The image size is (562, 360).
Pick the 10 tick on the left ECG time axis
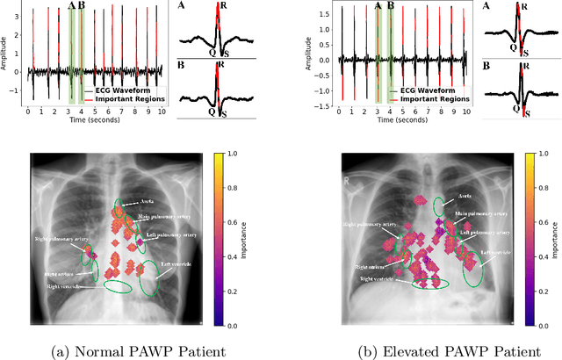pos(162,112)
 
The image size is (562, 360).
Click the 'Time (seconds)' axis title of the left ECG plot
pos(95,124)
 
